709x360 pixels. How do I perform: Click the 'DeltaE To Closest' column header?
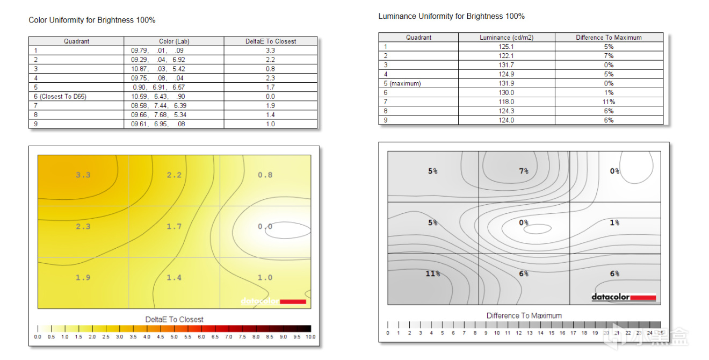[x=270, y=41]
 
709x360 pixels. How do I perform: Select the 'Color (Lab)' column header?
[x=174, y=41]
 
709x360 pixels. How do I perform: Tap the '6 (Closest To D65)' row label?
[x=60, y=96]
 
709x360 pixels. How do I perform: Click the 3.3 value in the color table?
[x=270, y=50]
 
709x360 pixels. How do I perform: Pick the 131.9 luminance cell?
[x=506, y=83]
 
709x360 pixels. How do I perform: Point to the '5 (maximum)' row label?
[x=402, y=83]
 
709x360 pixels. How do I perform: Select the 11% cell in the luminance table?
[x=609, y=102]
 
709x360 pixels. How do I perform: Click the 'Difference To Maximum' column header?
[x=609, y=38]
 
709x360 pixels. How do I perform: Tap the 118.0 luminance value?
[x=506, y=102]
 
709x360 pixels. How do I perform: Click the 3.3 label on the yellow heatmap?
[x=83, y=175]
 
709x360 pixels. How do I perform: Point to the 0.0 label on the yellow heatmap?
[x=265, y=227]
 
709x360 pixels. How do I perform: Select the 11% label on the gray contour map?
[x=432, y=273]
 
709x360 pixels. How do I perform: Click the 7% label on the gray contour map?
[x=524, y=171]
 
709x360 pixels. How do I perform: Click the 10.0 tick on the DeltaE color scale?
[x=310, y=337]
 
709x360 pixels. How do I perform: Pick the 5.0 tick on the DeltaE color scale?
[x=174, y=337]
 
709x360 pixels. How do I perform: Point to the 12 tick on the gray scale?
[x=518, y=333]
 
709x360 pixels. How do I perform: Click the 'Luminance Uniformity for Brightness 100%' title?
[x=451, y=16]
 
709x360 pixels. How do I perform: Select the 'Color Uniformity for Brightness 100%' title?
[x=92, y=20]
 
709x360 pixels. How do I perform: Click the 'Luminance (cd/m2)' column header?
[x=506, y=38]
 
